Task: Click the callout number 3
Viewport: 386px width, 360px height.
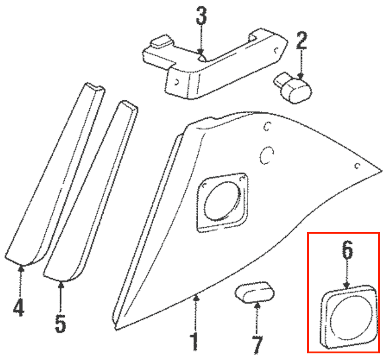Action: (x=201, y=16)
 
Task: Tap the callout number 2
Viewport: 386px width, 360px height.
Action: (x=302, y=41)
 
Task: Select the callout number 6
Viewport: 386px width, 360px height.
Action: (x=347, y=250)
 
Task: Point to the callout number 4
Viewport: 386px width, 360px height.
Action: (x=19, y=307)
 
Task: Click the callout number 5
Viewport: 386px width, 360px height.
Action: (x=61, y=324)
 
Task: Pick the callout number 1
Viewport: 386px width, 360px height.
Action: (x=195, y=342)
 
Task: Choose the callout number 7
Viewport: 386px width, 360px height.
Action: (x=257, y=345)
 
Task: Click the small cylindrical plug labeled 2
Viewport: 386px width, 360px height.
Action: (x=293, y=87)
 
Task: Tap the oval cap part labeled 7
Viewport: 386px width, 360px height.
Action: (x=255, y=292)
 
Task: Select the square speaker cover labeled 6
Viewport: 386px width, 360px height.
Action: (x=348, y=317)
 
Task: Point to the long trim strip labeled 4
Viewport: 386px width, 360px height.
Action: (x=55, y=174)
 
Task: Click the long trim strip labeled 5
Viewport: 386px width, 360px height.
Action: (x=90, y=191)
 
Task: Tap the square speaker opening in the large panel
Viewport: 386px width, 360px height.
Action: (x=222, y=202)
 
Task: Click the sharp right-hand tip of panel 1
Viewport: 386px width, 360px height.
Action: (x=382, y=171)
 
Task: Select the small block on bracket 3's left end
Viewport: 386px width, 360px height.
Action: (x=161, y=41)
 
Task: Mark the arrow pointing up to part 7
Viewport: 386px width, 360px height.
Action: (x=257, y=319)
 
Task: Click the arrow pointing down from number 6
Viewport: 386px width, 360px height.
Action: (x=347, y=273)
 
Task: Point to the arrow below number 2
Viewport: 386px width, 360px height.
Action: (x=301, y=64)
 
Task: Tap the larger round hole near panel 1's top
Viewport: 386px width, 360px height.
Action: (x=266, y=155)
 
